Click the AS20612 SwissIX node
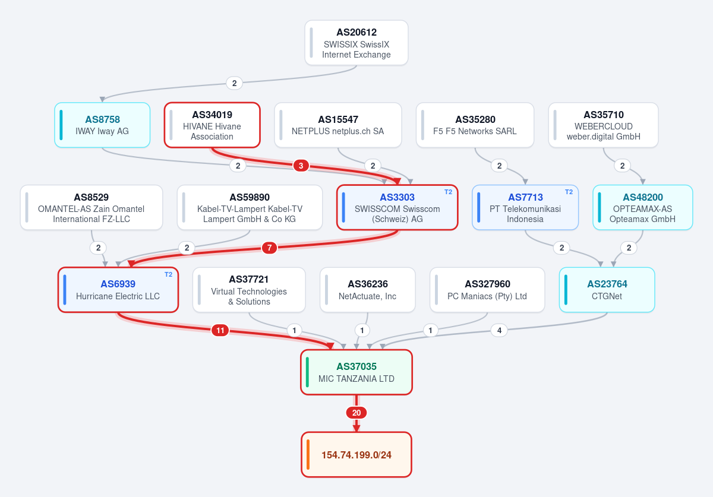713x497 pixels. (x=356, y=43)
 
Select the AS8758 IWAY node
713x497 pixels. (x=102, y=125)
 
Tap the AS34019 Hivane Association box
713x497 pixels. (x=212, y=125)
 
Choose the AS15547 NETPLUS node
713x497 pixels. (x=337, y=125)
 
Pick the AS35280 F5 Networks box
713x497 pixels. (x=475, y=125)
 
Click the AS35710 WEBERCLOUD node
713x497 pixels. (x=603, y=125)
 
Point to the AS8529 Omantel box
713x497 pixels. (x=92, y=207)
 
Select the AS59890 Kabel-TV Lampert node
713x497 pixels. (x=250, y=207)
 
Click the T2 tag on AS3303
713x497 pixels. (x=448, y=192)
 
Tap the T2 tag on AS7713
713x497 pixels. (x=569, y=192)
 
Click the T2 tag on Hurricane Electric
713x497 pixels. (x=168, y=274)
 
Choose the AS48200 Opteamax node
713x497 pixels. (x=643, y=207)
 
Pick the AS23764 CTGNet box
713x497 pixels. (x=607, y=290)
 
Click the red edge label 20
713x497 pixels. (x=356, y=413)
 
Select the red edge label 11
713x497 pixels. (x=220, y=331)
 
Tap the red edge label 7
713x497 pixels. (x=269, y=248)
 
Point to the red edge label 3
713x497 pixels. (x=301, y=166)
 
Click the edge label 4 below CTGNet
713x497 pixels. (x=499, y=331)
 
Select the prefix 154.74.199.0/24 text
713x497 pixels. (x=356, y=455)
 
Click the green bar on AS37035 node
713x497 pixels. (x=307, y=372)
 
